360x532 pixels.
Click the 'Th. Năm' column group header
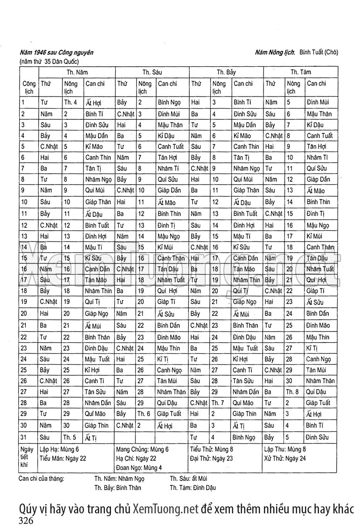[x=77, y=72]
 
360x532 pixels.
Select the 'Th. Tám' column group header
[x=300, y=72]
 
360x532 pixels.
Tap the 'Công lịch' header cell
[x=28, y=87]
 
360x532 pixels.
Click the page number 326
[x=26, y=521]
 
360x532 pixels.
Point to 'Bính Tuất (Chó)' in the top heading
[x=318, y=52]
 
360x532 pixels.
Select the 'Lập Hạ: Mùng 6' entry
[x=59, y=450]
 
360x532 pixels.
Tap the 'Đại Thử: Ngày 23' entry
[x=212, y=458]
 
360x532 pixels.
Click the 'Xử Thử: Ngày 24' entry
[x=284, y=458]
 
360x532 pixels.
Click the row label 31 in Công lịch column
[x=24, y=437]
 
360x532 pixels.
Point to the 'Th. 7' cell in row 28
[x=218, y=403]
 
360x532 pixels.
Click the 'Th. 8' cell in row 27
[x=292, y=392]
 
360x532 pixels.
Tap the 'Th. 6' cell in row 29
[x=143, y=414]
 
